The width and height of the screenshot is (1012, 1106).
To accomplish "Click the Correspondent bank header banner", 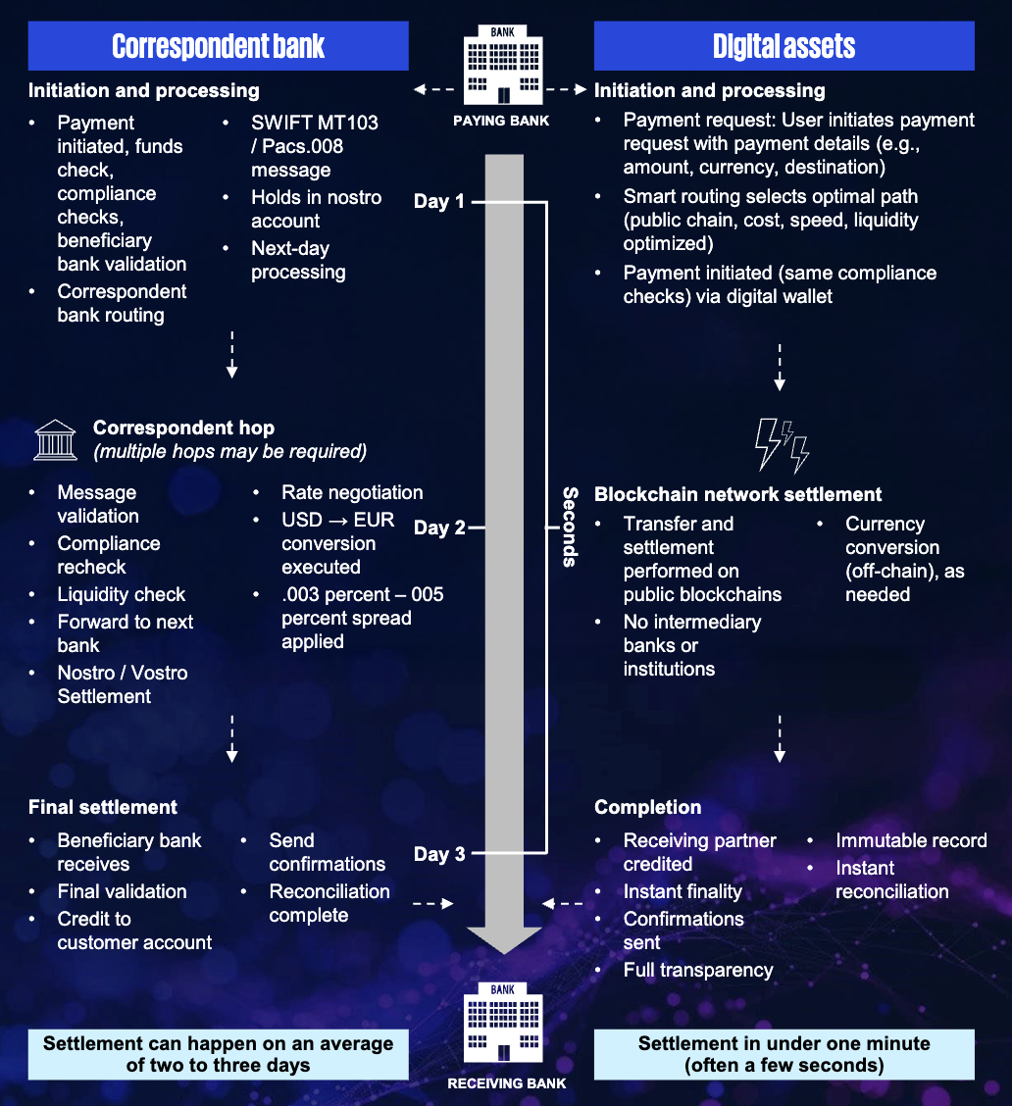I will tap(218, 46).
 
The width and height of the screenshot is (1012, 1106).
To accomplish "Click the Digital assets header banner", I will tap(784, 46).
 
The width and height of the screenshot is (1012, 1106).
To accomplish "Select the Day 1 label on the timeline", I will tap(438, 201).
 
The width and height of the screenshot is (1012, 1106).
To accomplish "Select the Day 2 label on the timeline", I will tap(438, 528).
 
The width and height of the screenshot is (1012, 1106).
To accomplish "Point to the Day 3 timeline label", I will tap(438, 854).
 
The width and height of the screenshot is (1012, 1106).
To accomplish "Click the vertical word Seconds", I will tap(569, 528).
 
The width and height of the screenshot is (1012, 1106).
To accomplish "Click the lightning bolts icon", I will tap(782, 445).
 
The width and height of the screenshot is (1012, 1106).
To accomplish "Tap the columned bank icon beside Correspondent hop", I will tap(56, 440).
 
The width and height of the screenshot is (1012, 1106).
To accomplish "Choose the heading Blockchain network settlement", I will tap(737, 494).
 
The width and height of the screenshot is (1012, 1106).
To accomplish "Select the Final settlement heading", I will tap(103, 807).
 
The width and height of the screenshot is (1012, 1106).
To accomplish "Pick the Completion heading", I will tap(647, 807).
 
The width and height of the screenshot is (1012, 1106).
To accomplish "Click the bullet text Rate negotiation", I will tap(352, 492).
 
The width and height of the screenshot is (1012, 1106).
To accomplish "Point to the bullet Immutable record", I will tap(911, 840).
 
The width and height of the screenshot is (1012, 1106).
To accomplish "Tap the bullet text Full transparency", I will tap(698, 970).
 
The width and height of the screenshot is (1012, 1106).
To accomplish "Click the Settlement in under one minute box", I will tap(784, 1054).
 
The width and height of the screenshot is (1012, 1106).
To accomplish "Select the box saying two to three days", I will tap(218, 1054).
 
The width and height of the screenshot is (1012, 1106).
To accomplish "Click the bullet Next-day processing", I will tap(298, 260).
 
